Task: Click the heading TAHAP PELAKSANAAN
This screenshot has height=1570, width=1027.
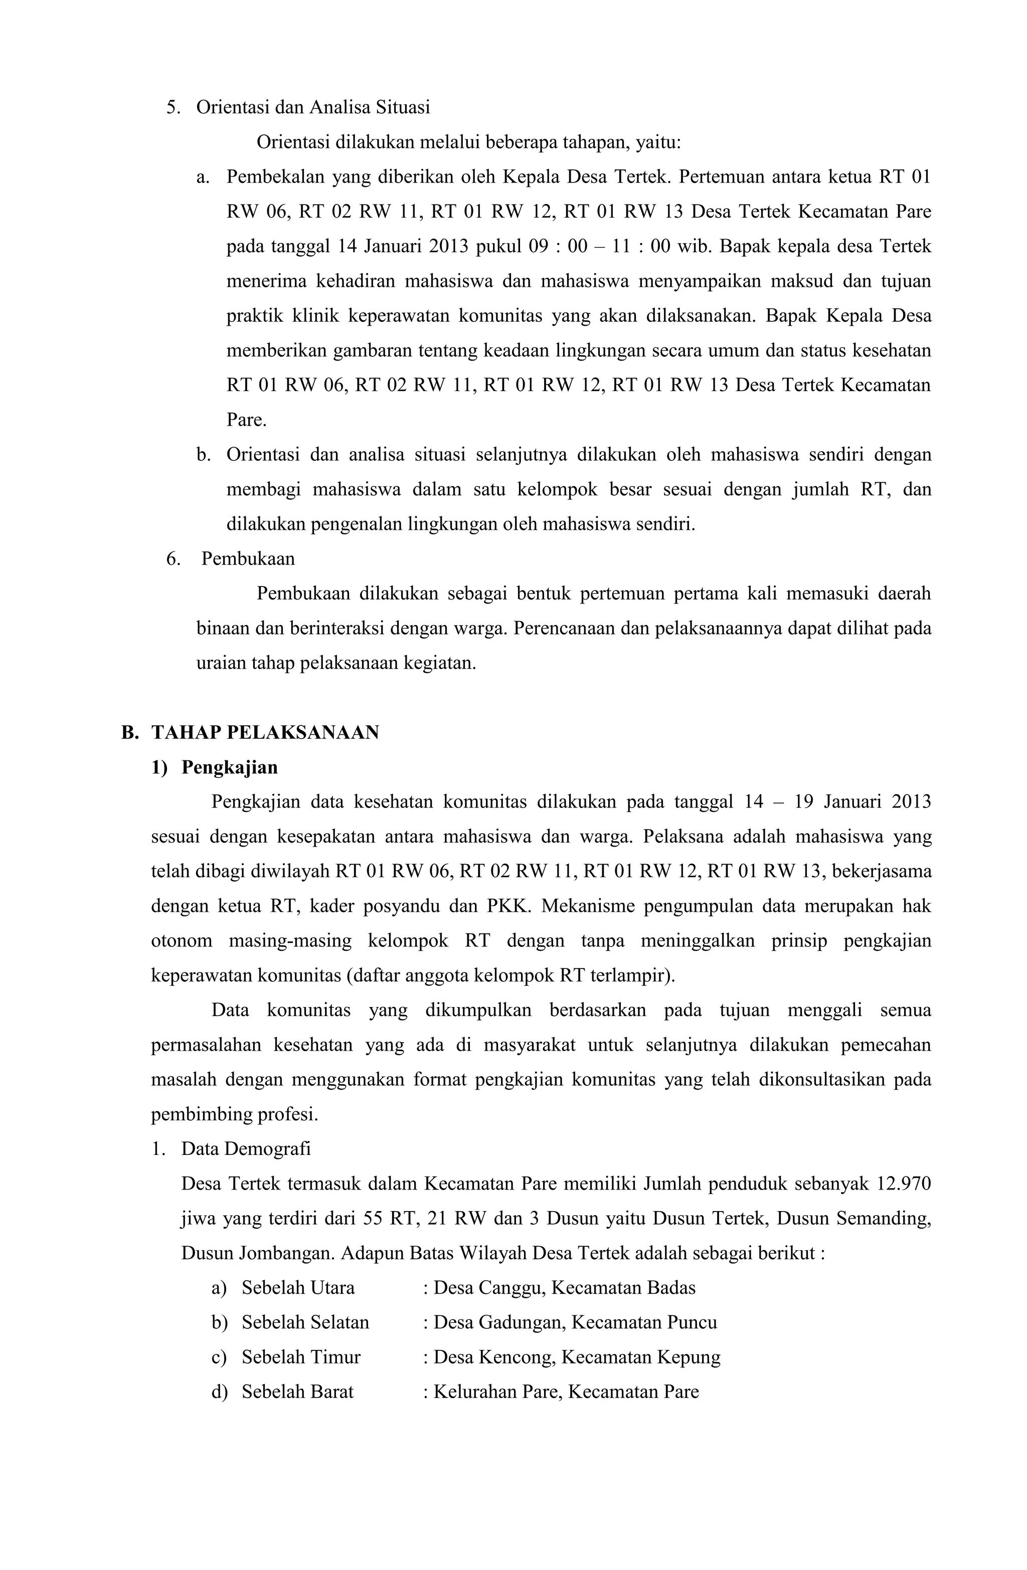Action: [x=265, y=732]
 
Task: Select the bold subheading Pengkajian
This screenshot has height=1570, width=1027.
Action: [x=229, y=767]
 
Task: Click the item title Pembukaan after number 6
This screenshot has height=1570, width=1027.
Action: [x=248, y=559]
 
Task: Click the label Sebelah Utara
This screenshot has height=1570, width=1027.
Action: [x=298, y=1288]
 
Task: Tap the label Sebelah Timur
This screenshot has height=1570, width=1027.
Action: [x=301, y=1357]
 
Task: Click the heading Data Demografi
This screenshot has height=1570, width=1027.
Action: [x=246, y=1148]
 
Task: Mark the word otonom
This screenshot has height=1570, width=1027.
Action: [x=182, y=941]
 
